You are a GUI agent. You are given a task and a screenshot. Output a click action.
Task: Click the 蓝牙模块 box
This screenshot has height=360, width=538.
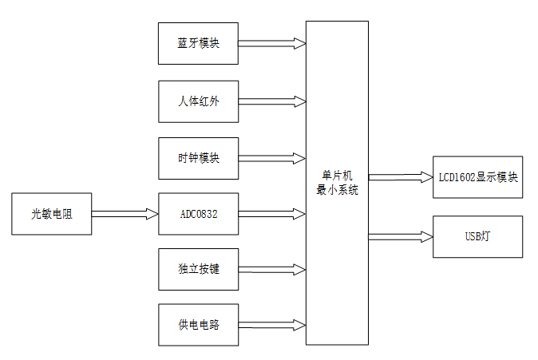coord(199,44)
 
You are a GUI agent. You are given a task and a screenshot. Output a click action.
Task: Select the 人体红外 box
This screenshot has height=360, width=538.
coord(199,101)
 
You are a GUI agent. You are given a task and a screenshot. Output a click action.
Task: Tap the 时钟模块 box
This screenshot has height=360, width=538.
coord(199,157)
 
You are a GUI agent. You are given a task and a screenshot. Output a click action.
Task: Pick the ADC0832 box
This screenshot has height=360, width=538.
coord(199,214)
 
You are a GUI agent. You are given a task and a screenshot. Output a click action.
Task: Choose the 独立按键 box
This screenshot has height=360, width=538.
coord(199,269)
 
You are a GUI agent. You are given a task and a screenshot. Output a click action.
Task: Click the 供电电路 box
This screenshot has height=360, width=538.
coord(199,325)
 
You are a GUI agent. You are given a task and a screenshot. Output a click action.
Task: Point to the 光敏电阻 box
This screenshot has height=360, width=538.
coord(52,214)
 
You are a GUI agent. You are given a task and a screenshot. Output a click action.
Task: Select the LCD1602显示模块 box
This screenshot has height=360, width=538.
coord(477,177)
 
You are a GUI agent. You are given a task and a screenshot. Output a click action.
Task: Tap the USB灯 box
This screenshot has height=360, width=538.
coord(477,236)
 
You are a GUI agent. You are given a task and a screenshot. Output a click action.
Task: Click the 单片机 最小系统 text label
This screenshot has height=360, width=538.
coord(338,183)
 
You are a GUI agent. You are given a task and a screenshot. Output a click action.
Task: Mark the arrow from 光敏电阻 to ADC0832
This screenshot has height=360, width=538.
coord(125,214)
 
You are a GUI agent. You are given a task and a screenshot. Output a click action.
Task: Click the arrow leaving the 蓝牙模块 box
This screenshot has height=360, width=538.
coord(272,44)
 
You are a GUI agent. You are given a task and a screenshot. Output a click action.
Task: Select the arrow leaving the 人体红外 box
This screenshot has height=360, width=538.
coord(272,101)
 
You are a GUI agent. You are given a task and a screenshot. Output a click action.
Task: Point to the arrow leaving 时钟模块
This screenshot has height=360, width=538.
coord(272,157)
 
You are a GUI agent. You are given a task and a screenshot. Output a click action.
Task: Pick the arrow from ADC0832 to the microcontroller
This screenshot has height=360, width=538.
coord(272,214)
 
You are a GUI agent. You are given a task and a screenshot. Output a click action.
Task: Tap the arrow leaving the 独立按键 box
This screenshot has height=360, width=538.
coord(272,269)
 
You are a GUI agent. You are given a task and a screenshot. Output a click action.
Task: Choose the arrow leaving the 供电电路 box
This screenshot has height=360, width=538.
coord(272,325)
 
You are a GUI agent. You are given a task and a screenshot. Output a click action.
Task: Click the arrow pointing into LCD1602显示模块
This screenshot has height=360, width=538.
coord(401,177)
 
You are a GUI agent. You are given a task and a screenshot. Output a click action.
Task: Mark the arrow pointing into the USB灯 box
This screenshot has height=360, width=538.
coord(401,236)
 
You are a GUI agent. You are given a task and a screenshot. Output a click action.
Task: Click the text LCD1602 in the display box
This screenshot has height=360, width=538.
coord(456,177)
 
